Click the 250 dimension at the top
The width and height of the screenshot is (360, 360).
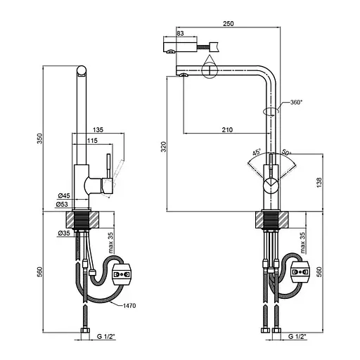tap(228, 23)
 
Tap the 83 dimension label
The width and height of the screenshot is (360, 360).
tap(180, 33)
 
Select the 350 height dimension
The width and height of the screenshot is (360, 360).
tap(40, 139)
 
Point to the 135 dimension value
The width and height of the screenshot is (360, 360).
tap(98, 129)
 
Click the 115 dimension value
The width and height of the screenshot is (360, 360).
tap(92, 141)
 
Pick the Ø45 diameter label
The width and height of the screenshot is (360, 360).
tap(64, 195)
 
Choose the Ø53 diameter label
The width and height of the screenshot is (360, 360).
tap(62, 205)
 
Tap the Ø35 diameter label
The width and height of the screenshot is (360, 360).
tap(64, 233)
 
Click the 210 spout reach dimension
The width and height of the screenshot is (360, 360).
tap(227, 129)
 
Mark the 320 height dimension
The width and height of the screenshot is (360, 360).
tap(163, 147)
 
